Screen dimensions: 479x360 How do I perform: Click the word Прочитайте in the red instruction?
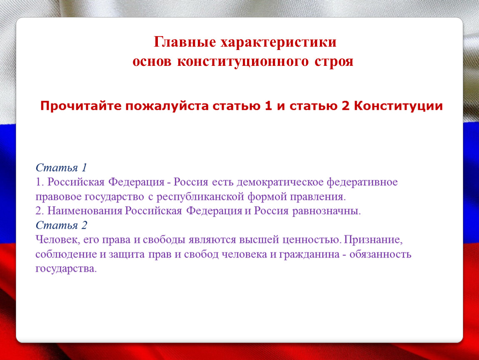click(81, 106)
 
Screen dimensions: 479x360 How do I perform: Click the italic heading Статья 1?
click(61, 167)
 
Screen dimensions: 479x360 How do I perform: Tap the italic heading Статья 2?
click(61, 225)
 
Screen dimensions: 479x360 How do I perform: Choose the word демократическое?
click(280, 182)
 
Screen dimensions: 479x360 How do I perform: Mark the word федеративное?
click(362, 182)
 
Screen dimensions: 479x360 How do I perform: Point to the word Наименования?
click(85, 211)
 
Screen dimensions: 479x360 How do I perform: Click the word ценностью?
click(312, 240)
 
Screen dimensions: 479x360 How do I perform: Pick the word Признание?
click(373, 240)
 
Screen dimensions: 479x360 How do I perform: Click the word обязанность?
click(380, 254)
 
